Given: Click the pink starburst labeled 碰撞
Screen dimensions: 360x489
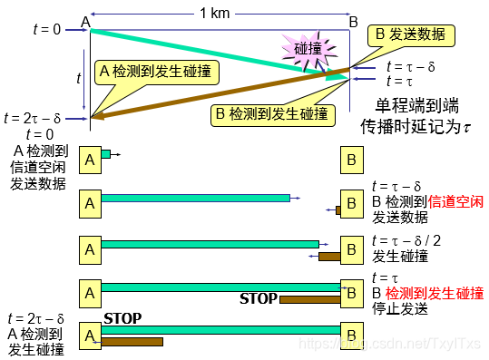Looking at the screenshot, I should coord(308,48).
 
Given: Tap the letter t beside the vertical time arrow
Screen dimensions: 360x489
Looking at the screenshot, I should coord(79,79).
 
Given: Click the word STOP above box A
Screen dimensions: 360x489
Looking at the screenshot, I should coord(122,319).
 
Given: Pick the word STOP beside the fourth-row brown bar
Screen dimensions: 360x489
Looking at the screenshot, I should coord(258,298).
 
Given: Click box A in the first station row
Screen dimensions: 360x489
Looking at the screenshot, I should coord(90,160).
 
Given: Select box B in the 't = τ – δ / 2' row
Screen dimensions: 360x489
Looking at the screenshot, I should coord(350,247).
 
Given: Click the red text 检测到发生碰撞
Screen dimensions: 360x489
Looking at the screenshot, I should coord(435,293).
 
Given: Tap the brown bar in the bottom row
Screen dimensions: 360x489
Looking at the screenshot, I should coord(132,342).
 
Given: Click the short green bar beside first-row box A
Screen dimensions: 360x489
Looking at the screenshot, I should coord(105,155).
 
